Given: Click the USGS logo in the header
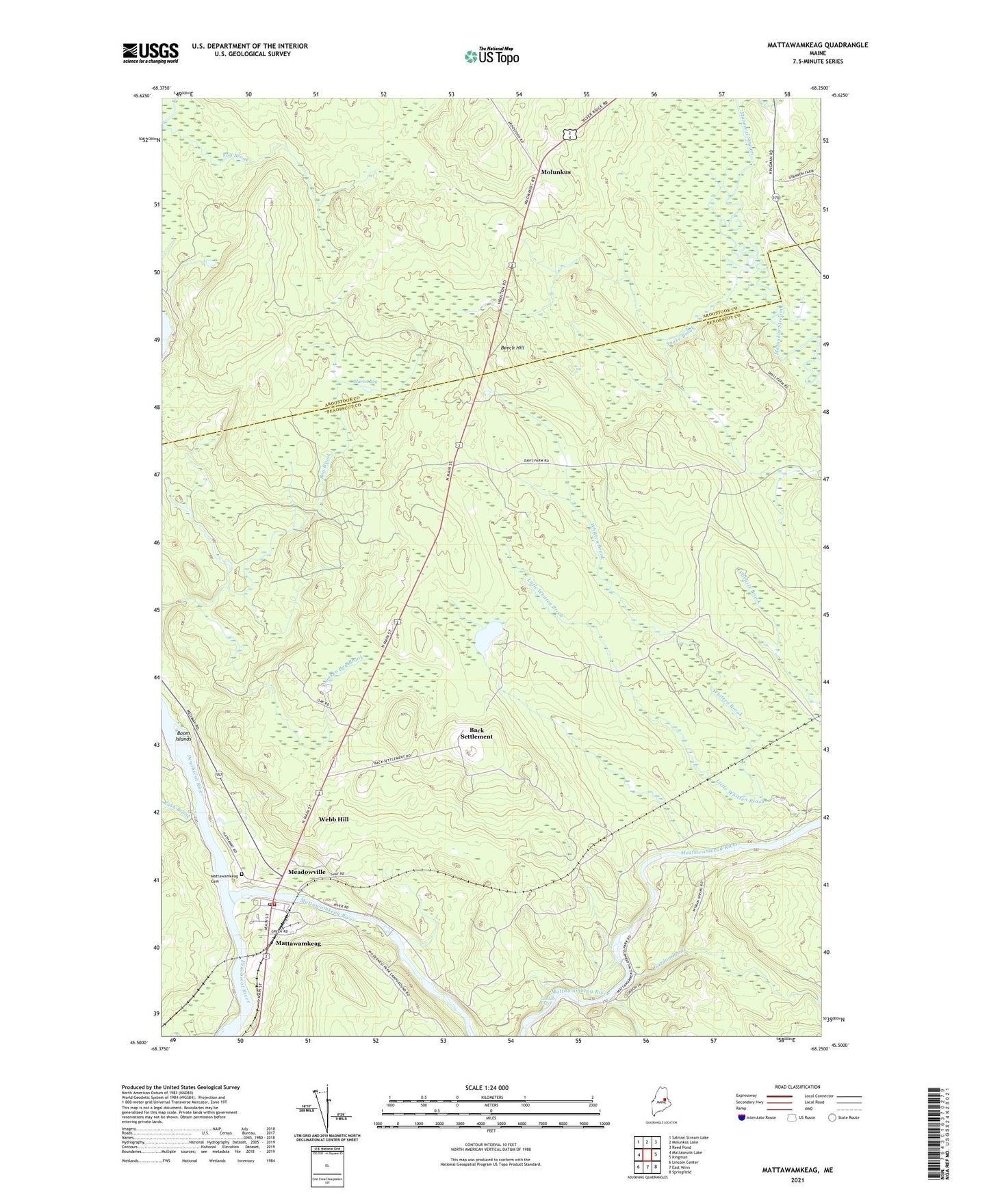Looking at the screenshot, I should click(151, 53).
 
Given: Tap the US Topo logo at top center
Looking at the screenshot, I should click(491, 57).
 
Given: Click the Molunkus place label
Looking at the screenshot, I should click(555, 172).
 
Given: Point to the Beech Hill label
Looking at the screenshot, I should click(512, 348).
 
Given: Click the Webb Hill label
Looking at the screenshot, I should click(334, 819).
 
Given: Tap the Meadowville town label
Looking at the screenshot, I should click(307, 873).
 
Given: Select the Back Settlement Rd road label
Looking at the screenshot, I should click(393, 759).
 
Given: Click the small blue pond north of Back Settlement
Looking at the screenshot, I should click(490, 639).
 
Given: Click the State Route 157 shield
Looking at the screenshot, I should click(218, 775).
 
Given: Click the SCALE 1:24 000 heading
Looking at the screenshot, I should click(491, 1088).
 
